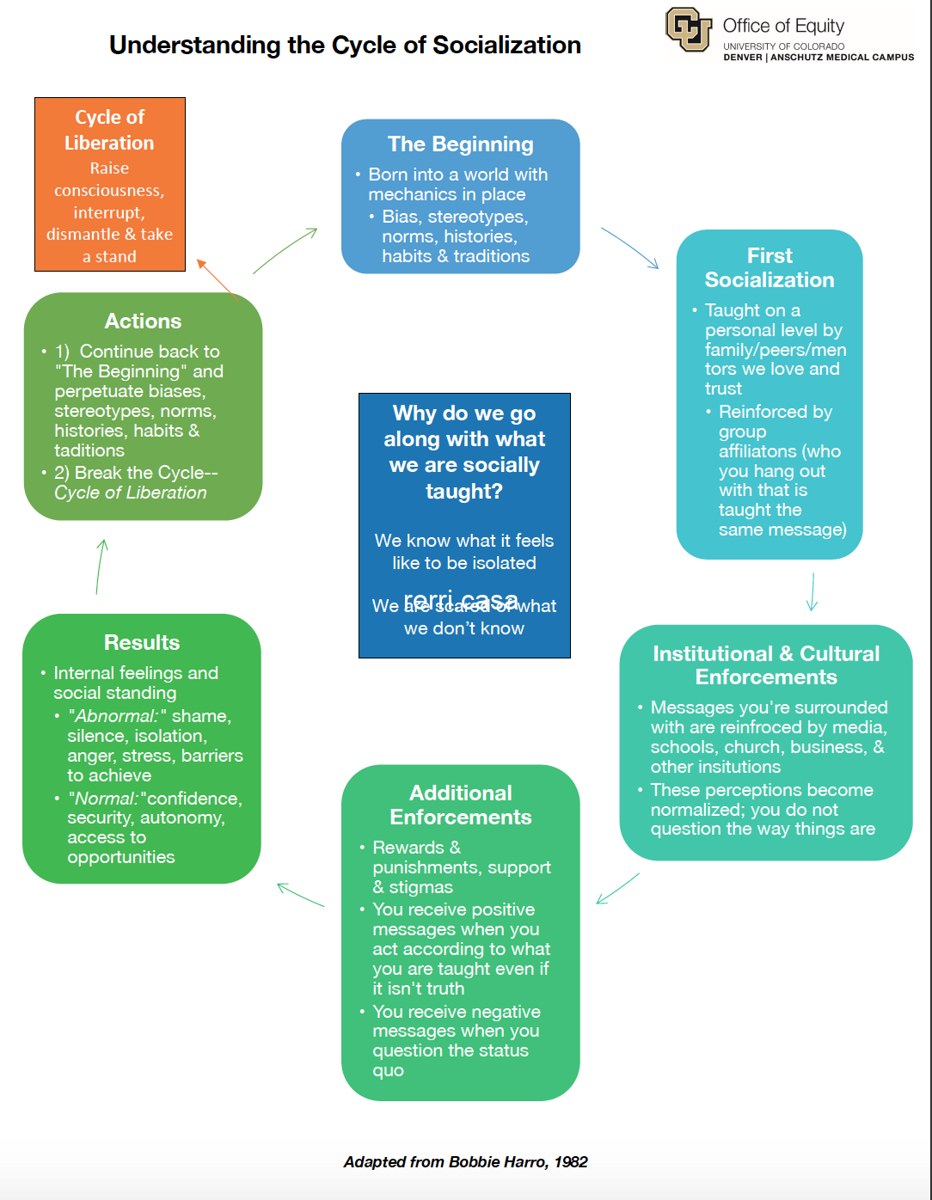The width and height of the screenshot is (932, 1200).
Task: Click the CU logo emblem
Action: pyautogui.click(x=689, y=30)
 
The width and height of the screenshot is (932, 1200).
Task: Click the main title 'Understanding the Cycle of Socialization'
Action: pyautogui.click(x=345, y=45)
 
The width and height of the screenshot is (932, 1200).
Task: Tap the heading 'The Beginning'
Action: pyautogui.click(x=460, y=144)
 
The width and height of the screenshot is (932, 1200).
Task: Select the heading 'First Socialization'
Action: pyautogui.click(x=770, y=267)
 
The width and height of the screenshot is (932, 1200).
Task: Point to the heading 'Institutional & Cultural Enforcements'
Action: pyautogui.click(x=766, y=665)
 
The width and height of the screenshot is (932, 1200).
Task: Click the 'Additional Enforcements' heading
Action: pyautogui.click(x=461, y=805)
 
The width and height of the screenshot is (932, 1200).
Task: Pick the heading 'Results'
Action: pyautogui.click(x=142, y=642)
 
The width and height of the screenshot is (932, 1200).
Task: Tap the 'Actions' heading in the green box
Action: pyautogui.click(x=143, y=321)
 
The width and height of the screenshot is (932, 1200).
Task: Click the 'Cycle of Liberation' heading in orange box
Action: pyautogui.click(x=109, y=130)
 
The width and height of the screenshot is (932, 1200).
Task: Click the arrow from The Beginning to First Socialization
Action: pyautogui.click(x=630, y=248)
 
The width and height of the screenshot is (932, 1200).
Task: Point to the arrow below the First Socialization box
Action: pyautogui.click(x=812, y=591)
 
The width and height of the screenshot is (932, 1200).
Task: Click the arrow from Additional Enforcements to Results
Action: pyautogui.click(x=300, y=895)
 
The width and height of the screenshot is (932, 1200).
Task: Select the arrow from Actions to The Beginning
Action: pyautogui.click(x=285, y=250)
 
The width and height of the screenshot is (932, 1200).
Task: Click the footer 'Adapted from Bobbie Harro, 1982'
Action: pyautogui.click(x=465, y=1162)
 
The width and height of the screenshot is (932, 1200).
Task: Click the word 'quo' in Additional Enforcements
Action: pyautogui.click(x=388, y=1070)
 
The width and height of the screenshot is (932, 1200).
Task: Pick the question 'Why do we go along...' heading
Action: pyautogui.click(x=464, y=452)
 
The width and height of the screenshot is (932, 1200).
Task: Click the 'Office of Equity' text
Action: pyautogui.click(x=783, y=26)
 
